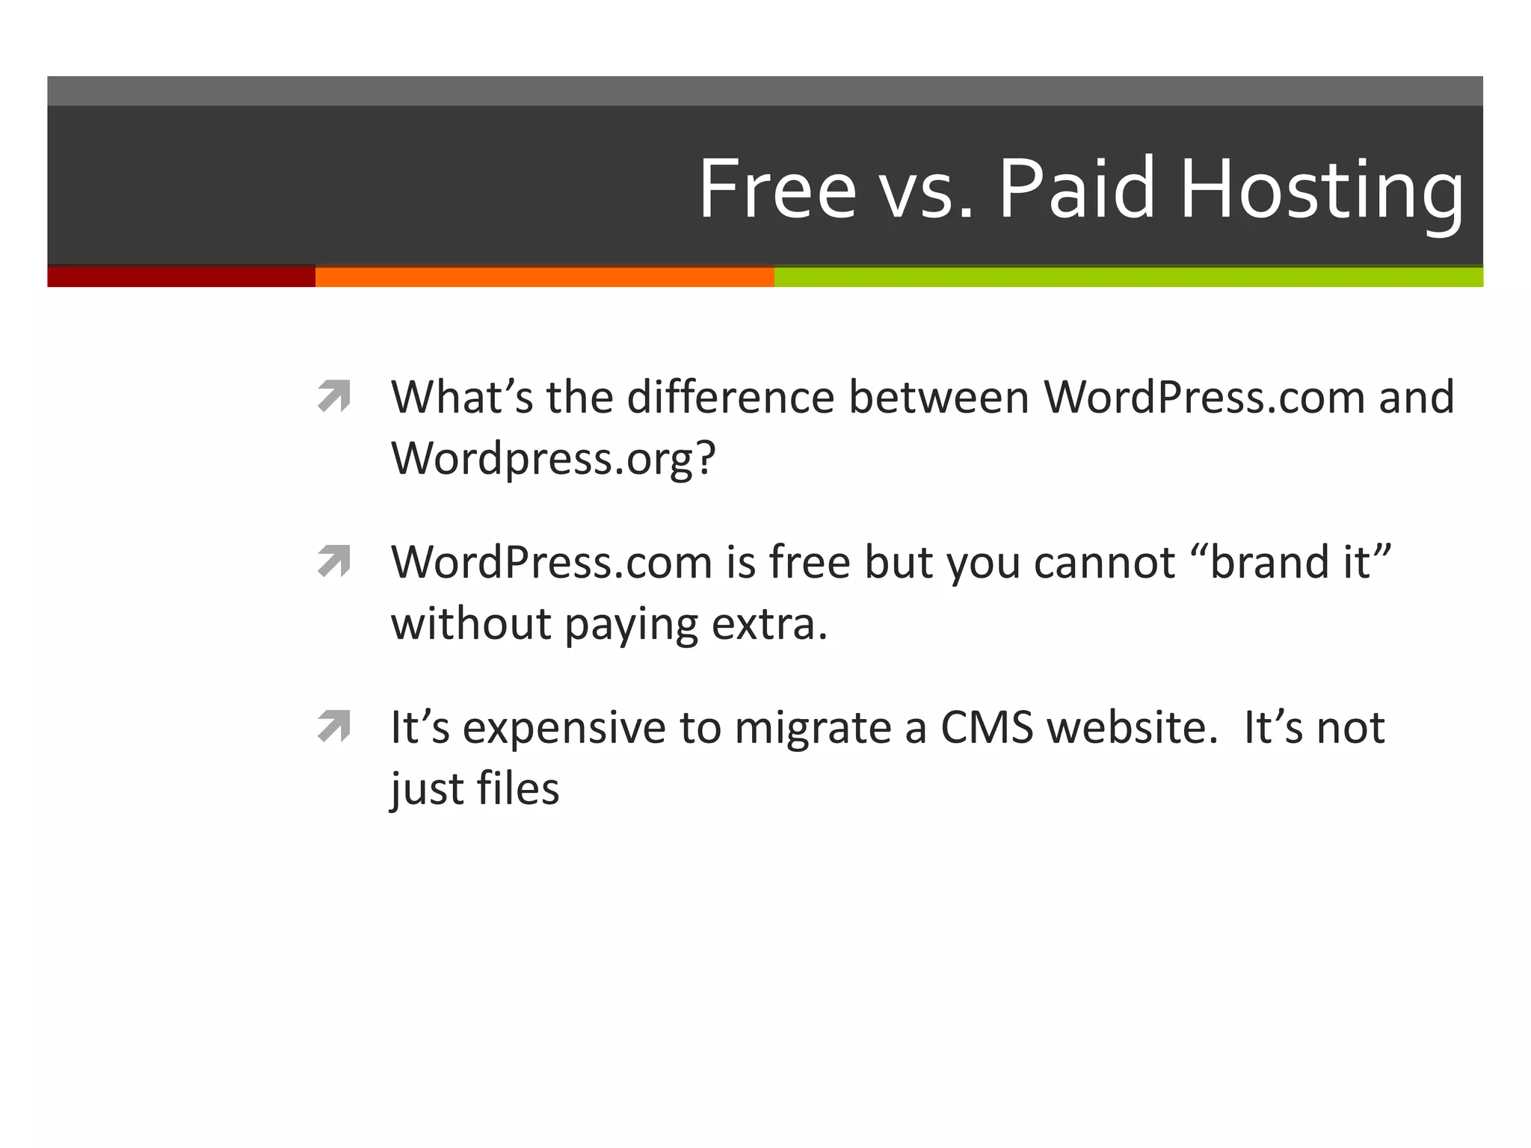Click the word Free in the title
coord(777,188)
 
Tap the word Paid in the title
coord(1077,188)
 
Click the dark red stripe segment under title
coord(181,277)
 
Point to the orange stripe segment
coord(544,277)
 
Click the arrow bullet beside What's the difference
coord(333,396)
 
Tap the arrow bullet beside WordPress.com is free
coord(333,561)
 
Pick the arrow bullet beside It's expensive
coord(333,726)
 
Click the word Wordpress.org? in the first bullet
coord(553,458)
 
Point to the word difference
coord(730,397)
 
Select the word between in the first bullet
coord(939,397)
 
